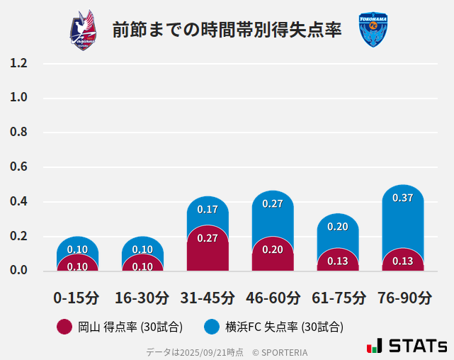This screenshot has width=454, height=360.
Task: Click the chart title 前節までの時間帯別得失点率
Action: point(227,30)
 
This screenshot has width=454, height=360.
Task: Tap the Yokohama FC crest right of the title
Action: point(373,30)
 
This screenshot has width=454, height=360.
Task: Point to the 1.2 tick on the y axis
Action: point(18,63)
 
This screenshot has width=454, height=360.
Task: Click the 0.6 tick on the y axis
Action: point(18,167)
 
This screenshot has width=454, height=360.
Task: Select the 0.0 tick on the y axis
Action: point(18,270)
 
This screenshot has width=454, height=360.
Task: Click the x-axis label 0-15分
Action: point(77,297)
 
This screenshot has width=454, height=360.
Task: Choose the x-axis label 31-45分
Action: point(208,297)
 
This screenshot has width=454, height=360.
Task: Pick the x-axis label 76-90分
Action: point(404,297)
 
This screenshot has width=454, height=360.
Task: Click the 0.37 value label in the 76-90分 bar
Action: point(403,198)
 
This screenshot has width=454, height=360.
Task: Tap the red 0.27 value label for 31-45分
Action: point(208,238)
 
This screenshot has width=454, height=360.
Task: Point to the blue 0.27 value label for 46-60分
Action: point(273,203)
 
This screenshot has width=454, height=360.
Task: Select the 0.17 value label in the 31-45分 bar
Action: point(208,209)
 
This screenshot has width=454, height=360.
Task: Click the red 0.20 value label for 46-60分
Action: point(273,249)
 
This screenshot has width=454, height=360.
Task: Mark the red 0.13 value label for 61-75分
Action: point(338,261)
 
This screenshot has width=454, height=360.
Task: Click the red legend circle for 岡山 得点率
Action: point(64,327)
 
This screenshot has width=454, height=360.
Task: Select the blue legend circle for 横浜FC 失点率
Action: point(212,327)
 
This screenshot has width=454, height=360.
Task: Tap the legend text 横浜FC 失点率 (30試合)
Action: point(284,327)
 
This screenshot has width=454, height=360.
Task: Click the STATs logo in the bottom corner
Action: point(407,346)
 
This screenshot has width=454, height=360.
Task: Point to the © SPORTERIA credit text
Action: point(280,351)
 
